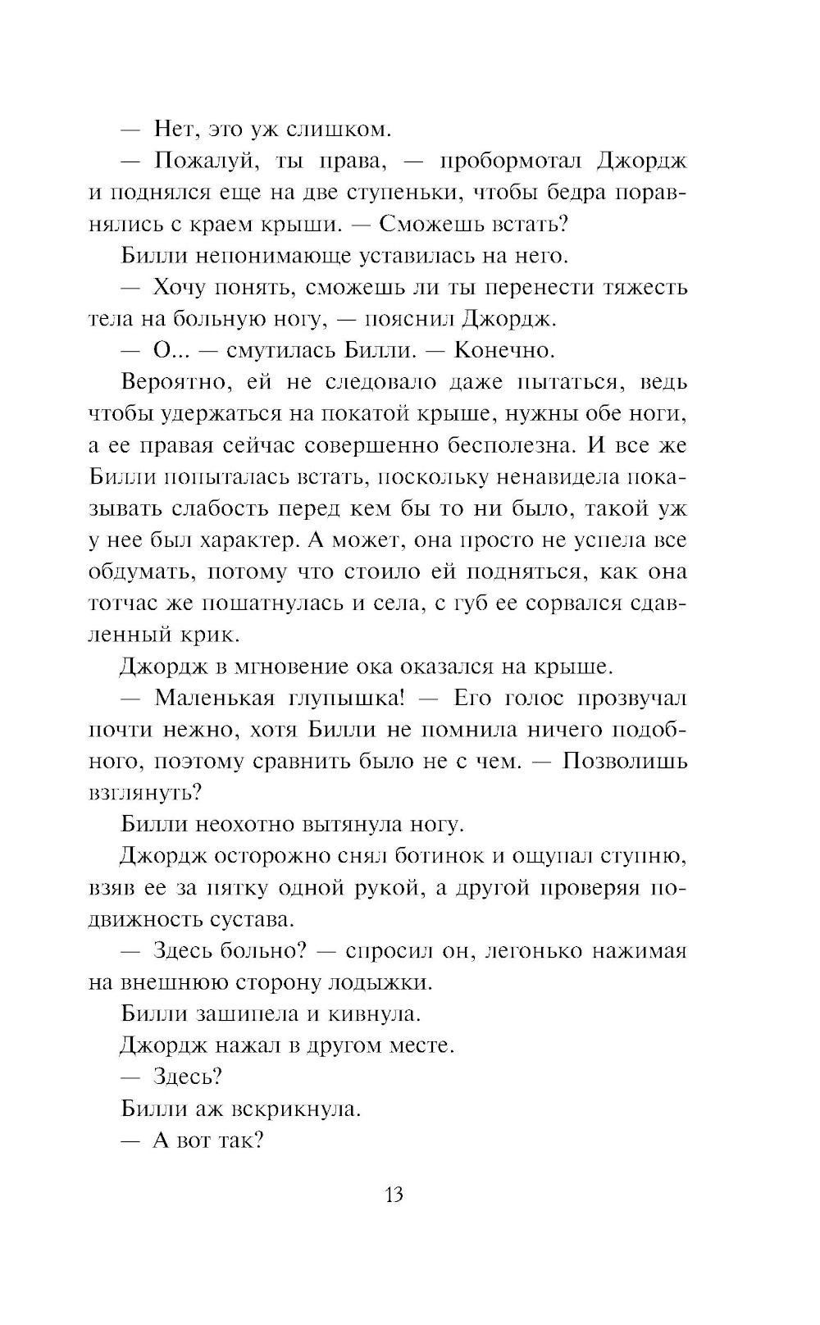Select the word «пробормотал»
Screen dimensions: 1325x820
coord(511,161)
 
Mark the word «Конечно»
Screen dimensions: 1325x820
coord(503,350)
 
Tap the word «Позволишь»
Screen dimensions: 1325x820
coord(624,762)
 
